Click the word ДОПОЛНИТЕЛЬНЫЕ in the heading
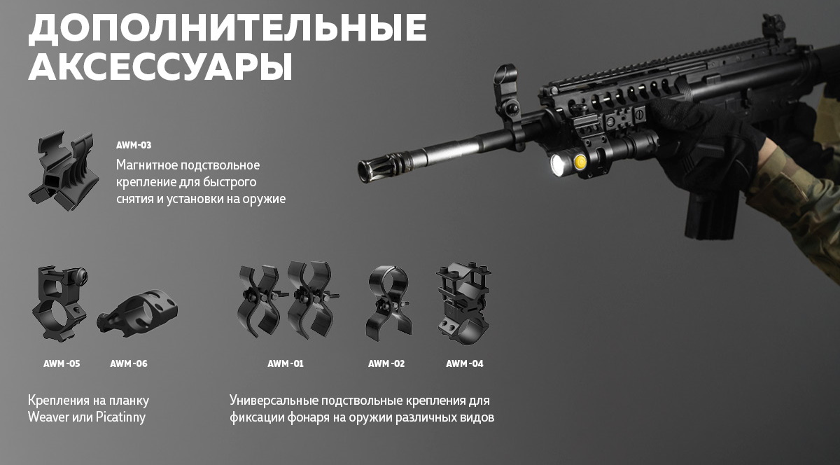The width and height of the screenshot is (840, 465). point(227,29)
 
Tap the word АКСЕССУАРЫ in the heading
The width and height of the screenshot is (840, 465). point(160,66)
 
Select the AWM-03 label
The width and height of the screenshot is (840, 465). point(134,145)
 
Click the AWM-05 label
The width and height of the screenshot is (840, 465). point(62,363)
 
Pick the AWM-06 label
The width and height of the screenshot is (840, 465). point(129,363)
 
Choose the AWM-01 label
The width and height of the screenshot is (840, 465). point(286,363)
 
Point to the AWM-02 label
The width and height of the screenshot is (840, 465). point(386,363)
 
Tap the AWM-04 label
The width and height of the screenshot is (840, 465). point(465,363)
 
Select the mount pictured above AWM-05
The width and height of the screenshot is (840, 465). point(60,303)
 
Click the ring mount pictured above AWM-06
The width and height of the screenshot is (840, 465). point(138,311)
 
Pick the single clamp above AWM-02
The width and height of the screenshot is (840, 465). point(388,303)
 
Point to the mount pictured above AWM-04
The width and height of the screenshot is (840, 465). point(464,303)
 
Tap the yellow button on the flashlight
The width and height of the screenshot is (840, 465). point(580,162)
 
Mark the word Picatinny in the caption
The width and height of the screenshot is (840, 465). point(120,417)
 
